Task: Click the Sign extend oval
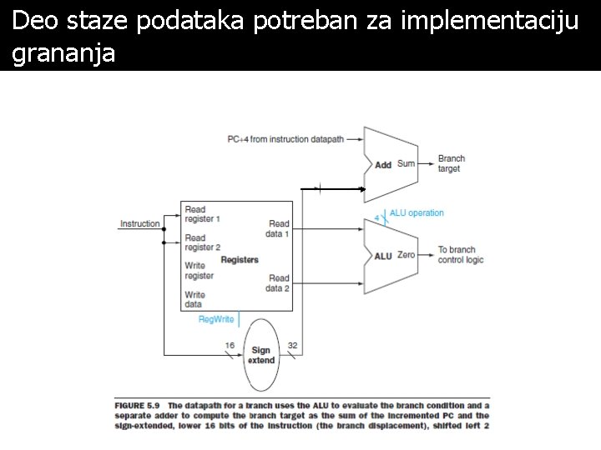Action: (261, 354)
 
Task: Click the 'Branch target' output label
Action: (451, 163)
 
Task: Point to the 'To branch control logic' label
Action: (461, 255)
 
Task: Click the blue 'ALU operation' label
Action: (417, 213)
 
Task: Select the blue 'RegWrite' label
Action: (216, 319)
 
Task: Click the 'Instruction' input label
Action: (139, 223)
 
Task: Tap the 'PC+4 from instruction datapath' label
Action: (285, 140)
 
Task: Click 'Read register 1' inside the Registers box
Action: (202, 214)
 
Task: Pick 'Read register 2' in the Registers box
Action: (202, 242)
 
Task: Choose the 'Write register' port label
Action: (199, 271)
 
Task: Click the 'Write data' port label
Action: (194, 299)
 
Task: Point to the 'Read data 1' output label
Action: (278, 228)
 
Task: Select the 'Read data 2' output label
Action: (278, 283)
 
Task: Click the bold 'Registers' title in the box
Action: (240, 259)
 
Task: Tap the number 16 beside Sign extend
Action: (230, 345)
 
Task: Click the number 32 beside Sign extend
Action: (292, 345)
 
